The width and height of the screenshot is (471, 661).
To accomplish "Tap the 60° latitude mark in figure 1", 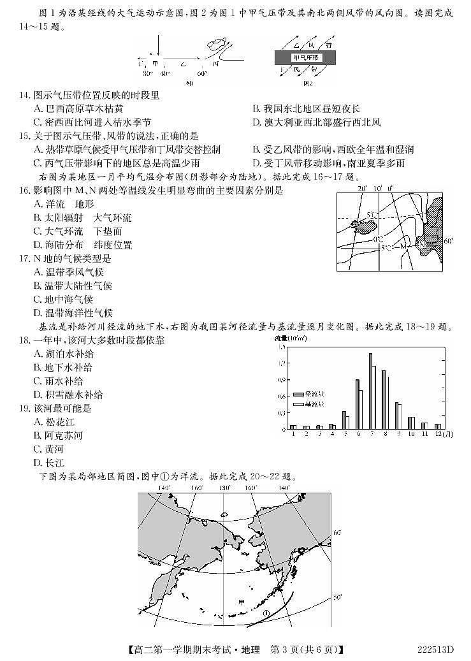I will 202,74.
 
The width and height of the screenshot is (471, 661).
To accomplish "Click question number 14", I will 24,95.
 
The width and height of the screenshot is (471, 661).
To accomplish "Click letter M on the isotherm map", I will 403,245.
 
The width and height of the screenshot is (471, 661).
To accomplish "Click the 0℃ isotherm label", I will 379,238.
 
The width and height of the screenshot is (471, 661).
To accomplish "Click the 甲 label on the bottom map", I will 241,600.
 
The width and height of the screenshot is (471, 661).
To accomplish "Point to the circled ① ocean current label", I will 266,613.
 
